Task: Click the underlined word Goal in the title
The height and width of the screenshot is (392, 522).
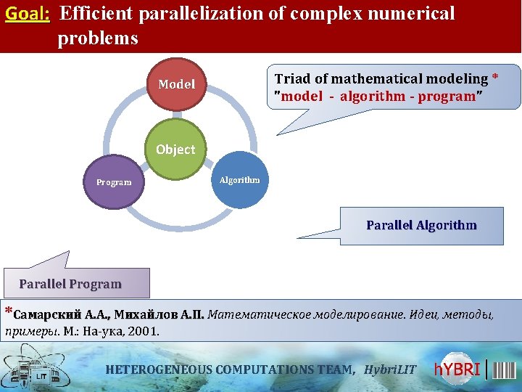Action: pos(27,14)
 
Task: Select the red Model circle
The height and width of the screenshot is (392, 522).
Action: pos(176,84)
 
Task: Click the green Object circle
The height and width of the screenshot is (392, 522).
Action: pos(175,150)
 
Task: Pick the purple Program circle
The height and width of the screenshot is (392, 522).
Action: pos(114,182)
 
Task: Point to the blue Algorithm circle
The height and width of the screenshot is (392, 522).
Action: pos(239,179)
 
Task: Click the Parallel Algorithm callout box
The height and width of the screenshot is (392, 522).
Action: pos(421,225)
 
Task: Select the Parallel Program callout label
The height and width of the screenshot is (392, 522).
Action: pos(70,284)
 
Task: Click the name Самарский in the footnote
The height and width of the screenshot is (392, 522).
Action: pos(47,316)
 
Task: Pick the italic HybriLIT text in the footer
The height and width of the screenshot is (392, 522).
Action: pos(390,369)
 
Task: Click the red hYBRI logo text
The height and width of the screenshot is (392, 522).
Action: pos(458,369)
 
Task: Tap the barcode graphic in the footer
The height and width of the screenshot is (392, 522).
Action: pos(505,369)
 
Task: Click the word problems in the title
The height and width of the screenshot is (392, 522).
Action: pos(98,38)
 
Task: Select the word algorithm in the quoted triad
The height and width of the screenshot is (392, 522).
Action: pos(373,97)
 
